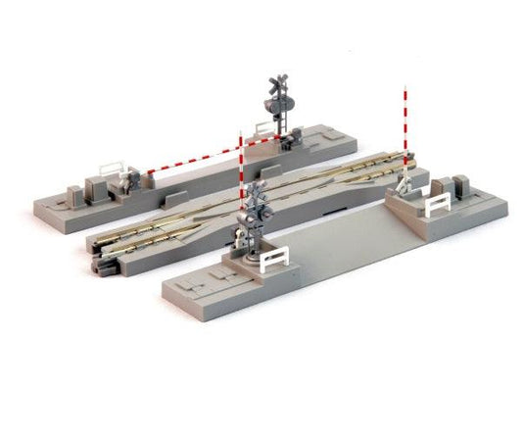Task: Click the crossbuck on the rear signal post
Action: [x=276, y=84]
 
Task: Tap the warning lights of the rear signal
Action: [x=275, y=101]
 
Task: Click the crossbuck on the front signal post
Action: [x=258, y=192]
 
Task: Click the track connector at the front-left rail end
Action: [x=102, y=263]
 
